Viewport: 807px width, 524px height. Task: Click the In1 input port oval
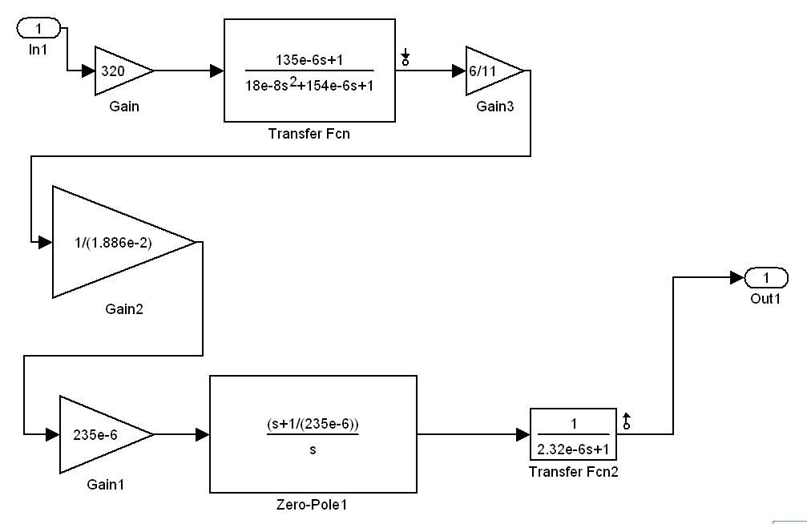[37, 29]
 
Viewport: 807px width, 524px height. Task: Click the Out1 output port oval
[766, 278]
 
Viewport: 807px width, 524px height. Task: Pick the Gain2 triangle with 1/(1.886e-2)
[108, 242]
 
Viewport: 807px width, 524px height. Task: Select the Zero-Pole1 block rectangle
[313, 433]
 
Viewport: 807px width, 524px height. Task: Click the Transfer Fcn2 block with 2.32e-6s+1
[572, 434]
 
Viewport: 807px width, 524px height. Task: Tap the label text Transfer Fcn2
[573, 472]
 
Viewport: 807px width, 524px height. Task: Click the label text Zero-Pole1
[312, 505]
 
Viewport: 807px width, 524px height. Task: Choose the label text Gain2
[123, 309]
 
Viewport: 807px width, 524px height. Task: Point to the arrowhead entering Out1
[736, 278]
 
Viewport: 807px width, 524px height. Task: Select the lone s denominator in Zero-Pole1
[313, 449]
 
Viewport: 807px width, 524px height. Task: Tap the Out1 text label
[765, 298]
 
